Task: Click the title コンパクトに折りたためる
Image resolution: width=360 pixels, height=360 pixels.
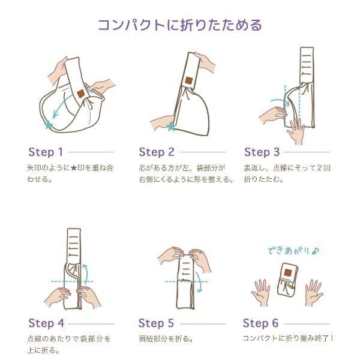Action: (x=180, y=25)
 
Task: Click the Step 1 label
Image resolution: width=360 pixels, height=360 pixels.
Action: (x=46, y=152)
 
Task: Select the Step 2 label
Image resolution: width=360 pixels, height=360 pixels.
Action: (x=157, y=152)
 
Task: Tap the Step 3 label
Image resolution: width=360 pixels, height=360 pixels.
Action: (x=262, y=152)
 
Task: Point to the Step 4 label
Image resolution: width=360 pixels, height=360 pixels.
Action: (x=46, y=323)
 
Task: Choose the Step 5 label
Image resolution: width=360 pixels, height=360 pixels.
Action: (x=156, y=323)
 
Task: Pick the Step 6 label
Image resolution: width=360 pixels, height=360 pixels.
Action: (x=261, y=323)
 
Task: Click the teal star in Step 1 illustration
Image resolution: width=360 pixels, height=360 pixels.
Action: (x=49, y=125)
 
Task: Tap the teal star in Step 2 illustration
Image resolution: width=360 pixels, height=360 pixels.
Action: (x=171, y=127)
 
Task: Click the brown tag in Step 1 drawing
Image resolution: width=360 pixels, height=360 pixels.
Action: (x=81, y=94)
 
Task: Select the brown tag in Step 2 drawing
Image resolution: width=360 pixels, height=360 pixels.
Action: (x=189, y=80)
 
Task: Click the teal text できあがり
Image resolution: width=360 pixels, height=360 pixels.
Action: (x=290, y=251)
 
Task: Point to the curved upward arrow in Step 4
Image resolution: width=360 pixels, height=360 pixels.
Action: (x=86, y=274)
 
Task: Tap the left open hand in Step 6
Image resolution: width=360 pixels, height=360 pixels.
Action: (x=261, y=292)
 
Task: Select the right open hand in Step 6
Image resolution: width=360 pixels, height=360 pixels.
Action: (x=314, y=292)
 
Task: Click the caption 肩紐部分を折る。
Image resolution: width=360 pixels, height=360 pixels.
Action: (x=166, y=339)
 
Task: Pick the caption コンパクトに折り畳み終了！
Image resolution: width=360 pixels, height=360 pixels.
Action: (x=288, y=338)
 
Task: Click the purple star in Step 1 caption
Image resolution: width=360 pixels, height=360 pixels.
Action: (x=73, y=168)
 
